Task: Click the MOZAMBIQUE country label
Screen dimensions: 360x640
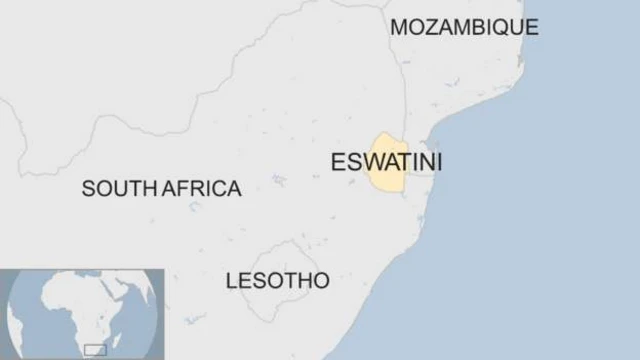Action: point(464,27)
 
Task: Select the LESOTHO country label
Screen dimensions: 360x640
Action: point(277,281)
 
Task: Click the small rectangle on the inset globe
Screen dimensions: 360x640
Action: point(96,348)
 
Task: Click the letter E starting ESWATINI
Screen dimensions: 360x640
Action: point(337,161)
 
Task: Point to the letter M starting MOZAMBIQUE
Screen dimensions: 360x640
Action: point(398,27)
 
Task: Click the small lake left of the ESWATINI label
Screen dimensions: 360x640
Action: point(278,181)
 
